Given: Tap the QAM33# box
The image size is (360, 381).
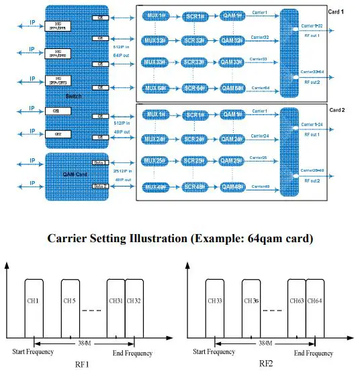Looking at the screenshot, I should coord(232,62).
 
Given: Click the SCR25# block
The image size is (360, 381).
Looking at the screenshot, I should coord(194,161).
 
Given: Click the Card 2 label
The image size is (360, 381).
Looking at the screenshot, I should coord(337,109).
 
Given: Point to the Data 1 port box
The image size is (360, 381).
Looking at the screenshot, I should coord(100,163).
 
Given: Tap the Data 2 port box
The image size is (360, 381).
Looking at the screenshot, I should coord(100,185).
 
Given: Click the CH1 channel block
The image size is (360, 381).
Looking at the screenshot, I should coord(33,299).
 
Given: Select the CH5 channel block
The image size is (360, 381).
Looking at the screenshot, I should coord(71,299).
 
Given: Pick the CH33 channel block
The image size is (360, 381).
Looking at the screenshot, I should coord(216,299).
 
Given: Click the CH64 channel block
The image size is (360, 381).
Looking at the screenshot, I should coord(315,299).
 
